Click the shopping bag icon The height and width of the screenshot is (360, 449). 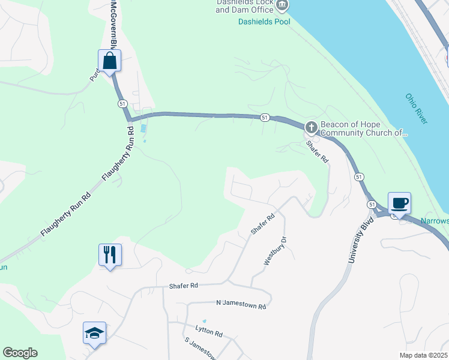(x=110, y=61)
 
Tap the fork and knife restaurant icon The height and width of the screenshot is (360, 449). (x=110, y=255)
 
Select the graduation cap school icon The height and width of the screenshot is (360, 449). (x=94, y=333)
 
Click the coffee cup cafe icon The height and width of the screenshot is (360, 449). (x=399, y=203)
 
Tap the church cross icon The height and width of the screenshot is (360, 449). (x=311, y=127)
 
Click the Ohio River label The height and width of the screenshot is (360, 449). (x=416, y=109)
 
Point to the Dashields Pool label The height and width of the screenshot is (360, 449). (x=263, y=22)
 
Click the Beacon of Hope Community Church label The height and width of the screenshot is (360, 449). (x=364, y=129)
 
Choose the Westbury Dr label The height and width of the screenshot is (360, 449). (x=274, y=253)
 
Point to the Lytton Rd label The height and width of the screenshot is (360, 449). (x=209, y=331)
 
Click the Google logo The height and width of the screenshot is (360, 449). (x=20, y=353)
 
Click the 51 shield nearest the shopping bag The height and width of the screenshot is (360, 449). (x=122, y=104)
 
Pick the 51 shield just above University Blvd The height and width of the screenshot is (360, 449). (x=359, y=177)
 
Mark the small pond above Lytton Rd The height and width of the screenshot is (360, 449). (x=205, y=321)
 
